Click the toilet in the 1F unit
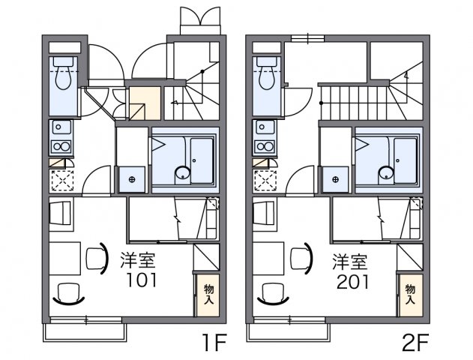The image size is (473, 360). [63, 73]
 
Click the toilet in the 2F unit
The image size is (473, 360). [267, 73]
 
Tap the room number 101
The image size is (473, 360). [142, 280]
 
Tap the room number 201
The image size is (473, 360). [353, 281]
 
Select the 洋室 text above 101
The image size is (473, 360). [138, 260]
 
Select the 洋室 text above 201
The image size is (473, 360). [350, 262]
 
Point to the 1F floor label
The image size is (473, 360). [215, 343]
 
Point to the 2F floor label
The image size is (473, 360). [415, 343]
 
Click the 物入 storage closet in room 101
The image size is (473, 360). [208, 295]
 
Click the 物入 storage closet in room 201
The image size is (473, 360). [412, 295]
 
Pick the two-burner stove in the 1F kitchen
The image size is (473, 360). [61, 147]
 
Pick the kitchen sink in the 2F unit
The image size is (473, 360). [265, 127]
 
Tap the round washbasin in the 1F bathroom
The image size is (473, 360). [182, 174]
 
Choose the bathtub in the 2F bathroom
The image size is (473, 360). [406, 160]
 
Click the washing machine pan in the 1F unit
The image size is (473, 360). [132, 179]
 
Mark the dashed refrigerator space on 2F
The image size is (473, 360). [266, 181]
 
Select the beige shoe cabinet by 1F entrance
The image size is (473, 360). [145, 103]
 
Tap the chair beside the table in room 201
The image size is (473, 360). [301, 259]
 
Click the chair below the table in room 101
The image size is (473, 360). [68, 293]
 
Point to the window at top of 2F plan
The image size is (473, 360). [307, 38]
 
